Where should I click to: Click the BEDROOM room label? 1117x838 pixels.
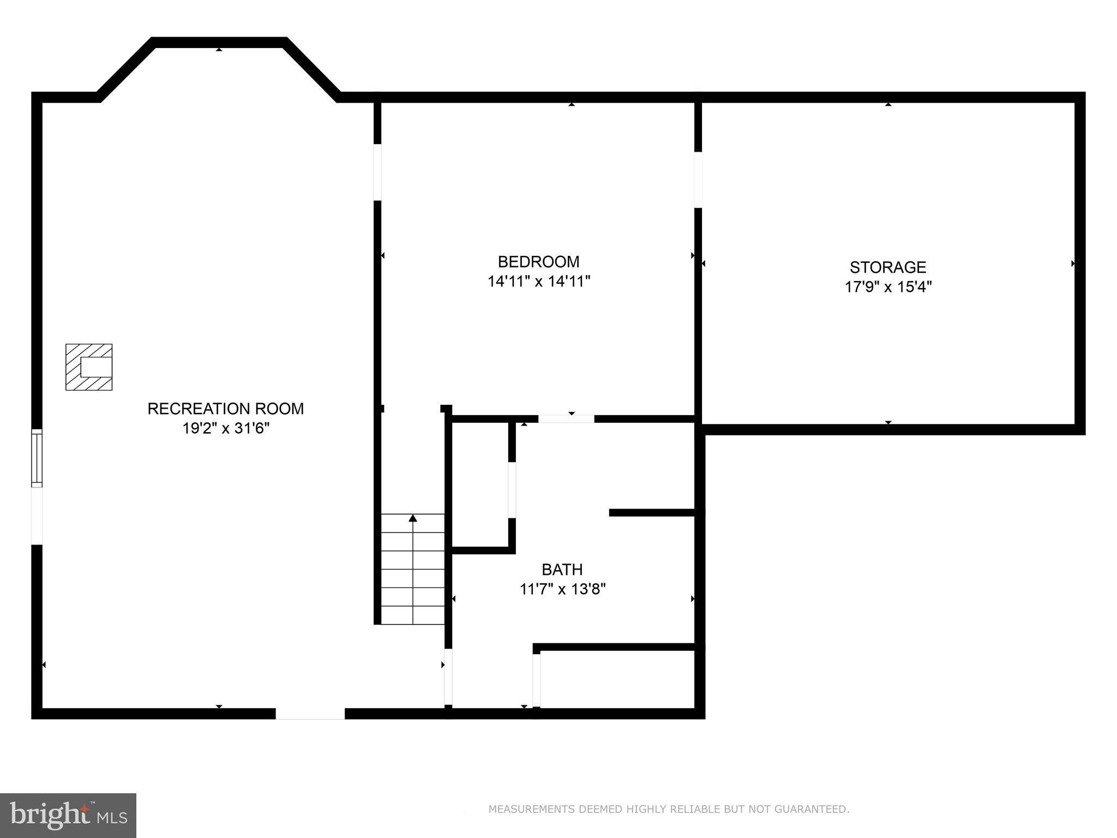tap(538, 262)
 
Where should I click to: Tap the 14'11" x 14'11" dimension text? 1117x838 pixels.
tap(538, 282)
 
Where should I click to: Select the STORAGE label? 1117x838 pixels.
tap(887, 267)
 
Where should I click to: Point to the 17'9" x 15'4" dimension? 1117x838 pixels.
tap(887, 287)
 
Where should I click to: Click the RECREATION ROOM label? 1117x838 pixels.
tap(225, 409)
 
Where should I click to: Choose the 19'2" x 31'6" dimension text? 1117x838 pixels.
tap(225, 428)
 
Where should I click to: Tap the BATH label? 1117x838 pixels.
tap(562, 570)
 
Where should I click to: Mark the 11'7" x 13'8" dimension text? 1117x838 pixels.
tap(562, 589)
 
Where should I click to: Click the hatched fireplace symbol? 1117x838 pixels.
tap(89, 367)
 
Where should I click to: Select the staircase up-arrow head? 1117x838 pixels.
tap(413, 518)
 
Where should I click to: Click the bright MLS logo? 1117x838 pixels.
tap(68, 815)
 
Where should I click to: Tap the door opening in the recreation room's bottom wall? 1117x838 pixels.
tap(310, 714)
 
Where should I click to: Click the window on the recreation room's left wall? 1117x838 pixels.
tap(37, 458)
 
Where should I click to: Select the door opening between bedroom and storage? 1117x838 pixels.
tap(698, 179)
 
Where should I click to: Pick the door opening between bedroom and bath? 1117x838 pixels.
tap(566, 419)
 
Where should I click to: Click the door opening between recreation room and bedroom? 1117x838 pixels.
tap(377, 172)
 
